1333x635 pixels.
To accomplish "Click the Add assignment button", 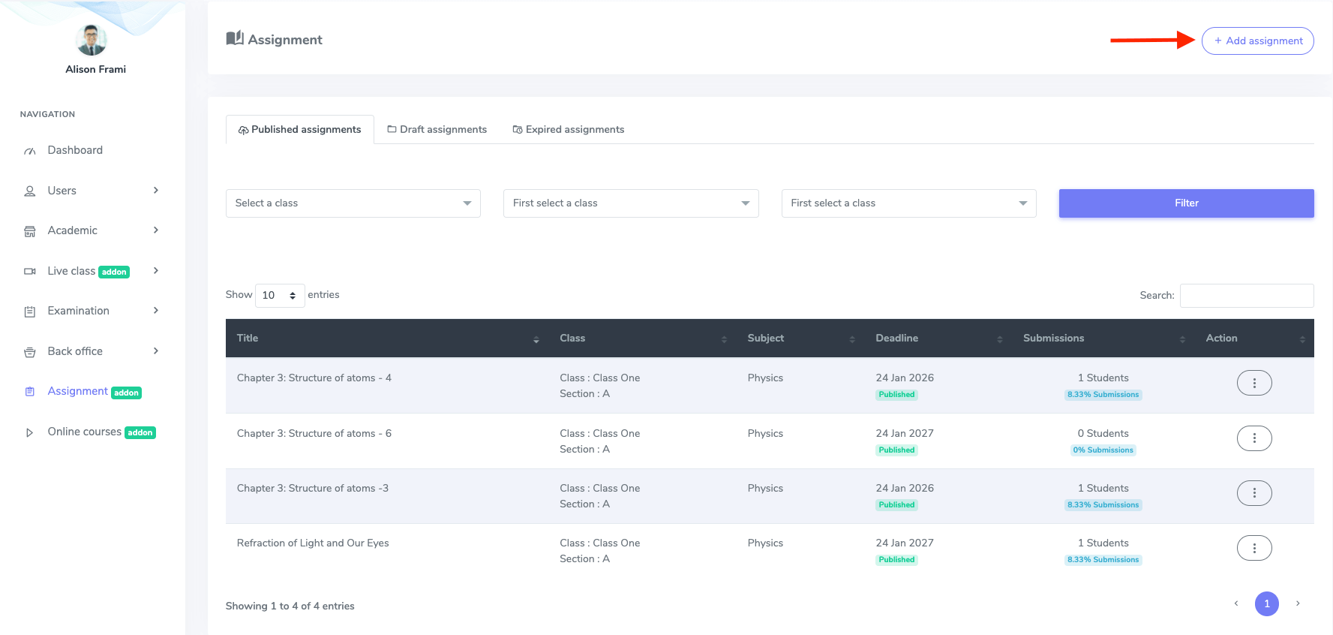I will coord(1257,41).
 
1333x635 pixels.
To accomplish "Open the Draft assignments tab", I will coord(437,129).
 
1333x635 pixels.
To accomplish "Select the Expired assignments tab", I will coord(568,129).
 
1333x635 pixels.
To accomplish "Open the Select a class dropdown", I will coord(353,203).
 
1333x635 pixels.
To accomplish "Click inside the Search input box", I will coord(1246,296).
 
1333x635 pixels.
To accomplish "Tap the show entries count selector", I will coord(279,296).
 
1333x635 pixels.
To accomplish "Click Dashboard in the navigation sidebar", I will coord(75,150).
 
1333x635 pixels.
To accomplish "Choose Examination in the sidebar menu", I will coord(78,311).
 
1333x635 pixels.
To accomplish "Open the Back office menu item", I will coord(75,351).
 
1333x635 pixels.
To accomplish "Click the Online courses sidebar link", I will coord(84,432).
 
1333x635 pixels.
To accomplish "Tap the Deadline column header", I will coord(896,339).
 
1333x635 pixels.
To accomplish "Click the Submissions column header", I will coord(1053,339).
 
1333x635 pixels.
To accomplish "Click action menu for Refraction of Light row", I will coord(1253,548).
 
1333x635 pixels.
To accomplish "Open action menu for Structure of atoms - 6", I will coord(1253,438).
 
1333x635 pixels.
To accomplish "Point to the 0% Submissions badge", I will coord(1103,450).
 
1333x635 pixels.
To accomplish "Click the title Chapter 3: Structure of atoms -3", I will coord(312,489).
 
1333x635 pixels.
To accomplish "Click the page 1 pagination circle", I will coord(1266,603).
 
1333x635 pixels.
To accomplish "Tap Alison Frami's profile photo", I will coord(92,40).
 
